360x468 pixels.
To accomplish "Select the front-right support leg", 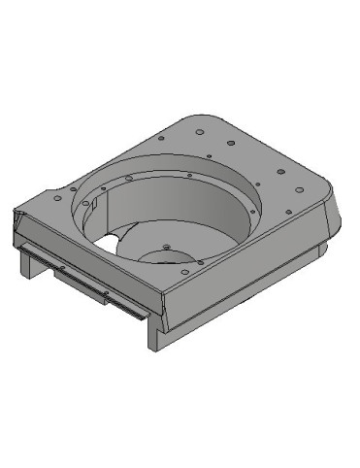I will (x=156, y=333).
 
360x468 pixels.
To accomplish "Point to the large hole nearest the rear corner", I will (x=199, y=130).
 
